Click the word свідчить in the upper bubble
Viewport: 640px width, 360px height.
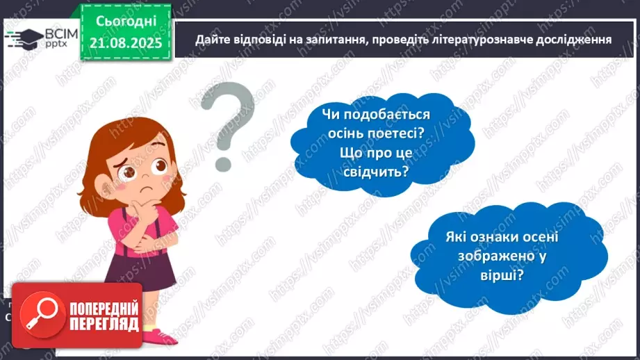[374, 170]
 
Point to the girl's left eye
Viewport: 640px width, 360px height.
[159, 165]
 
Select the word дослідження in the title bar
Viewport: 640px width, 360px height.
[566, 39]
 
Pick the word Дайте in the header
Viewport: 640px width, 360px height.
[211, 39]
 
